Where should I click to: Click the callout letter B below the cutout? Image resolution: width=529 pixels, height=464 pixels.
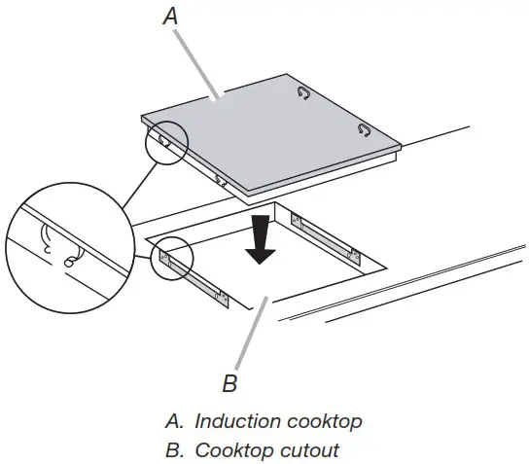pyautogui.click(x=229, y=383)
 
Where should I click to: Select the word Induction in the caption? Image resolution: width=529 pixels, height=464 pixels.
pyautogui.click(x=234, y=421)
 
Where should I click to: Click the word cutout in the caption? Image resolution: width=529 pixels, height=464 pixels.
pyautogui.click(x=308, y=450)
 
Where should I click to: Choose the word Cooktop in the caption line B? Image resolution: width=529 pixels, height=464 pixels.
pyautogui.click(x=232, y=450)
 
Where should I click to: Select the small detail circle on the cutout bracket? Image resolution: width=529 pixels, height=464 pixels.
pyautogui.click(x=173, y=259)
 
